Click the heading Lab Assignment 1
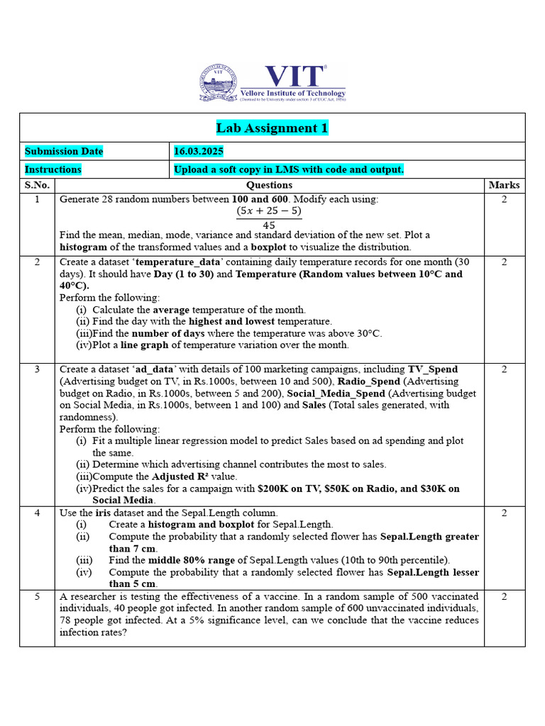pos(272,128)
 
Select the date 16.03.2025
pos(199,151)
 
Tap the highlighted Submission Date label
pos(64,151)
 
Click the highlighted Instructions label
pos(53,169)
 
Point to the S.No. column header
pos(37,185)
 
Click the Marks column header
pos(505,185)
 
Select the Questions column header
pos(270,185)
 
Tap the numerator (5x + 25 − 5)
pos(269,211)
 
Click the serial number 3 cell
pos(37,369)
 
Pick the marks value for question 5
pos(505,597)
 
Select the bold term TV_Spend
pos(433,369)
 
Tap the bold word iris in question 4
pos(105,513)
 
